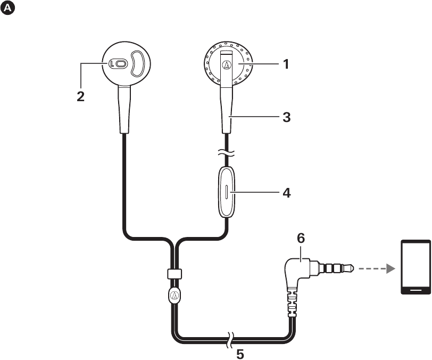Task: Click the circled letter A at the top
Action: click(x=9, y=9)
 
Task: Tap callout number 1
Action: click(x=286, y=64)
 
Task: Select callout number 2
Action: click(x=81, y=97)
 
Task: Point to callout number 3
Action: click(x=286, y=118)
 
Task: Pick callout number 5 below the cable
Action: click(x=240, y=353)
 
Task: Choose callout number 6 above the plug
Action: click(x=301, y=239)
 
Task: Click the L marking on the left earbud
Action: click(x=112, y=64)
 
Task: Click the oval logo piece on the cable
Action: click(x=175, y=296)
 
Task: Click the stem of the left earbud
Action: click(x=123, y=112)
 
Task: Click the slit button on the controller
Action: click(x=227, y=192)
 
